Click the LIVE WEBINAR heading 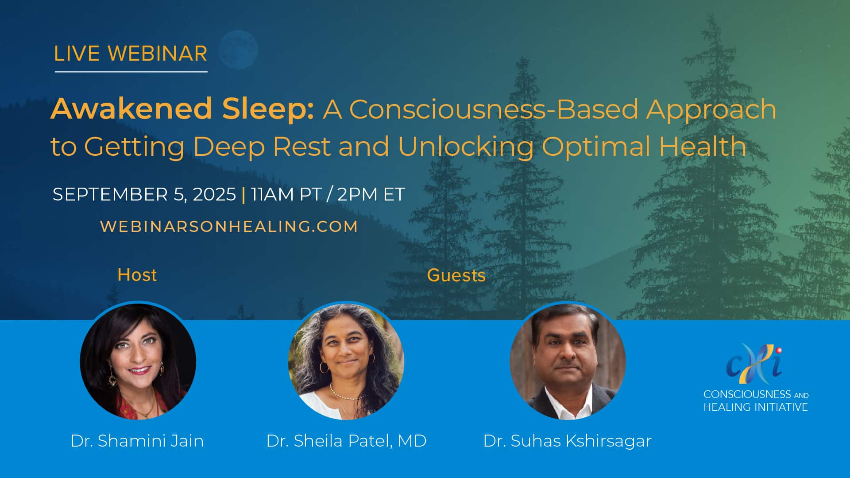[131, 54]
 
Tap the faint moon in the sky [239, 50]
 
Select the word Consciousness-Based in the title [494, 109]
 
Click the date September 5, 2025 [144, 194]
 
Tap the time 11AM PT [286, 194]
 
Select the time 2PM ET [371, 194]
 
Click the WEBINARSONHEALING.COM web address [229, 227]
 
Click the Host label [137, 275]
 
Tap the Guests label [456, 275]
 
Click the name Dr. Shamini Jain [137, 441]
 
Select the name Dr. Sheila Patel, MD [346, 441]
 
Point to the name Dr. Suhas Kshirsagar [568, 441]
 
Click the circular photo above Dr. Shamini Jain [138, 361]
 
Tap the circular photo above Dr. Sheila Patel [346, 361]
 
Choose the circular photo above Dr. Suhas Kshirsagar [568, 361]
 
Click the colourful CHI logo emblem [754, 363]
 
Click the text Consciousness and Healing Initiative [756, 401]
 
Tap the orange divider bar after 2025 [244, 194]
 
